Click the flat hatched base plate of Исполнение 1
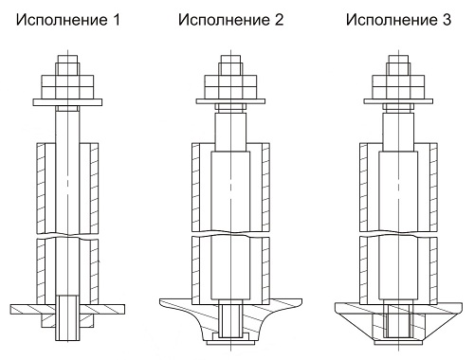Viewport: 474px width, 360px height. coord(28,309)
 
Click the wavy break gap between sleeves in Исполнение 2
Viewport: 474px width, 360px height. coord(229,232)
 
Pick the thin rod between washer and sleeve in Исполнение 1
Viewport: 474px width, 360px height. coord(68,123)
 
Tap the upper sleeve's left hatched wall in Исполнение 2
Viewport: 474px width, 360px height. coord(201,185)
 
